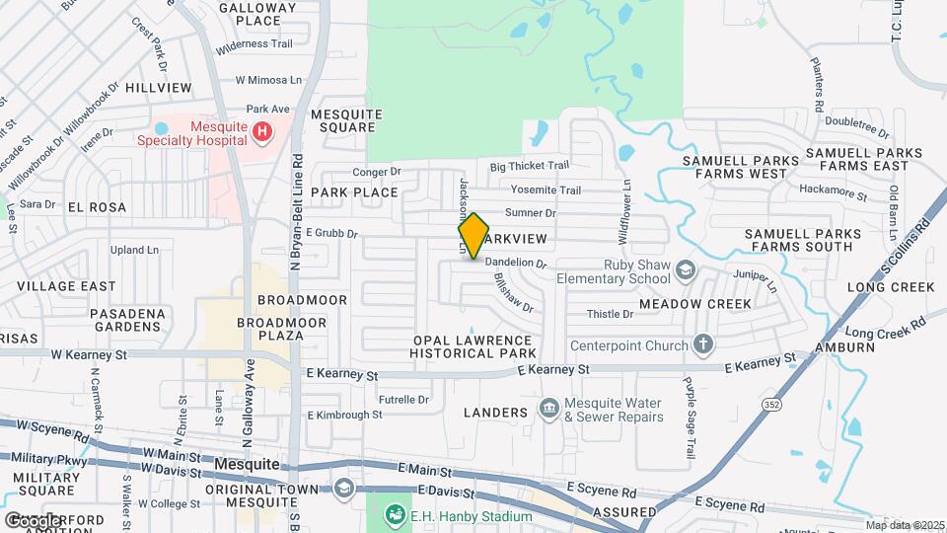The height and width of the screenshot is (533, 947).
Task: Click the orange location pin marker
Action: (x=473, y=235)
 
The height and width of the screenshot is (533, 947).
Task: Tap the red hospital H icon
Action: (x=261, y=130)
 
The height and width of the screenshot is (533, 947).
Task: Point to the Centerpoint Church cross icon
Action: (x=702, y=344)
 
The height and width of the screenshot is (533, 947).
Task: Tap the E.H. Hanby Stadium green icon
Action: (x=395, y=515)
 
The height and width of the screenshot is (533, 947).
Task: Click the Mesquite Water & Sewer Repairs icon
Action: (x=549, y=407)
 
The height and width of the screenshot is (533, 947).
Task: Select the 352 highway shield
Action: (x=772, y=403)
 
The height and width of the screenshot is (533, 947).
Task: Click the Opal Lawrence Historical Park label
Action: (x=474, y=346)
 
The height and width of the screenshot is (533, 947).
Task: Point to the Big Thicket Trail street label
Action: (x=530, y=166)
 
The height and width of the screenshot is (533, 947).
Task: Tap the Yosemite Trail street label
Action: (x=546, y=190)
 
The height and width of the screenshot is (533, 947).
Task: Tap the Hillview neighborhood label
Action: (x=159, y=88)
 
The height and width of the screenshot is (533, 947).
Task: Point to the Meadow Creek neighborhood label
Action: (x=694, y=304)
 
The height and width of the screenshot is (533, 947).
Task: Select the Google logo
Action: (x=33, y=520)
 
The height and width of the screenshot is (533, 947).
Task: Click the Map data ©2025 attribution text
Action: (x=905, y=525)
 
